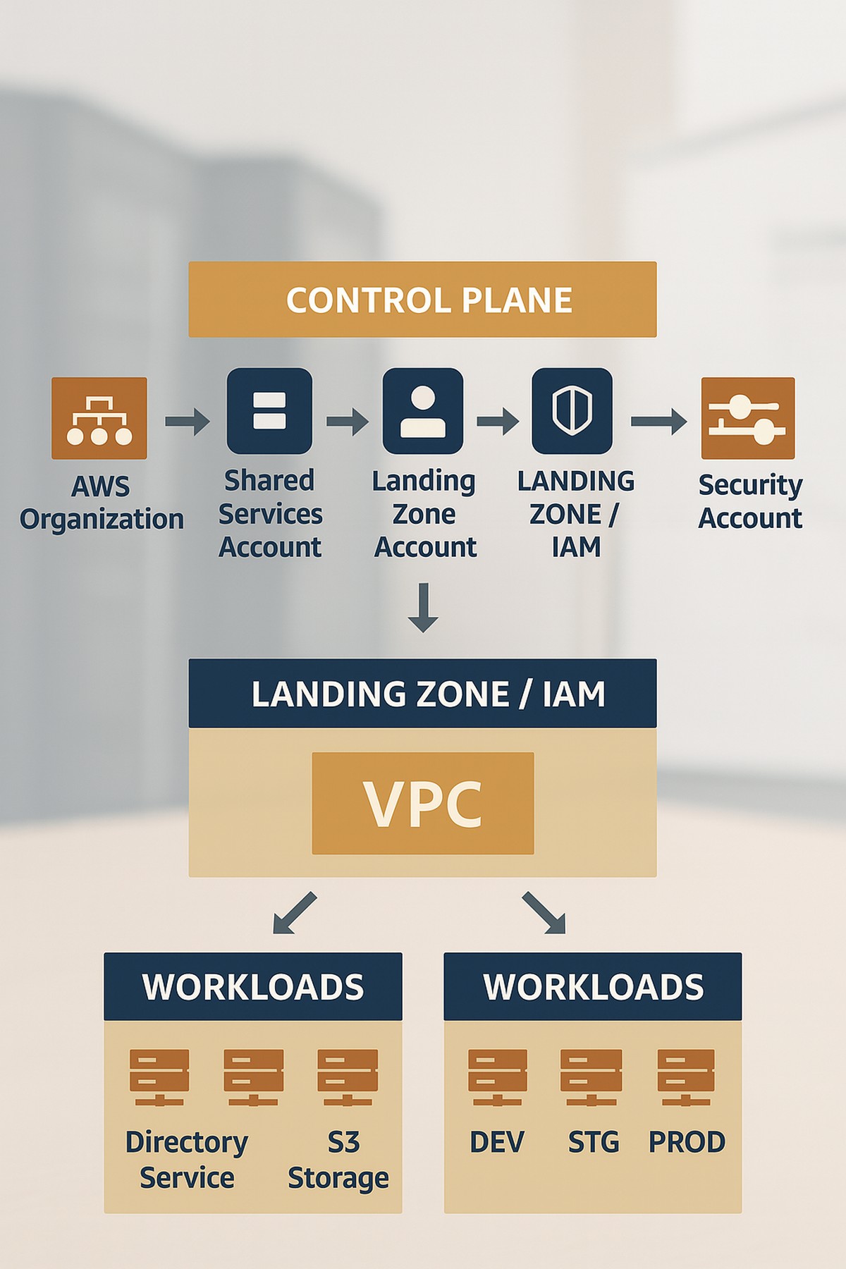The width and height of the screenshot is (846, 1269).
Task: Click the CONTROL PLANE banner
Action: coord(422,300)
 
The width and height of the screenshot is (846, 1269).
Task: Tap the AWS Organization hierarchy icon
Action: coord(99,418)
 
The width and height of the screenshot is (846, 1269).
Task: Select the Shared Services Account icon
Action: coord(269,411)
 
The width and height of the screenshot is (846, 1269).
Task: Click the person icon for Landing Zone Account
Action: coord(423,411)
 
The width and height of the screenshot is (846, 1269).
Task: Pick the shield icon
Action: coord(572,411)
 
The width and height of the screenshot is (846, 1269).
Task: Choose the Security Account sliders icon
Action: coord(748,418)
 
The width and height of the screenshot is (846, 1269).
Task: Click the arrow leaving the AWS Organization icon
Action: coord(188,421)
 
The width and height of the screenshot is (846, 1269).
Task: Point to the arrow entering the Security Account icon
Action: coord(658,421)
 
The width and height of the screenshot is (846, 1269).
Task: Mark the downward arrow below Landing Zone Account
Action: coord(423,607)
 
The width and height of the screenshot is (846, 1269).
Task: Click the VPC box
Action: coord(423,803)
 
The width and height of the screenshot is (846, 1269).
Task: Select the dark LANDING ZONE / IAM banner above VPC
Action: coord(422,694)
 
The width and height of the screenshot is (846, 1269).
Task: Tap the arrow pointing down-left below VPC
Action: coord(295,913)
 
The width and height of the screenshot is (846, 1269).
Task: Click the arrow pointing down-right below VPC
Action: coord(544,913)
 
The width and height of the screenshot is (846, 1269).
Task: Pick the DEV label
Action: coord(497,1142)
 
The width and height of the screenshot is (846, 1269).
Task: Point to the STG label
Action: coord(594,1142)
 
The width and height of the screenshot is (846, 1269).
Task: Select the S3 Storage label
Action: coord(339,1160)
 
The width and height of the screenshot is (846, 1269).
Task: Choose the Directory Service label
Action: coord(187,1160)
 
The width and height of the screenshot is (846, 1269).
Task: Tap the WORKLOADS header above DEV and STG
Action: coord(593,986)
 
